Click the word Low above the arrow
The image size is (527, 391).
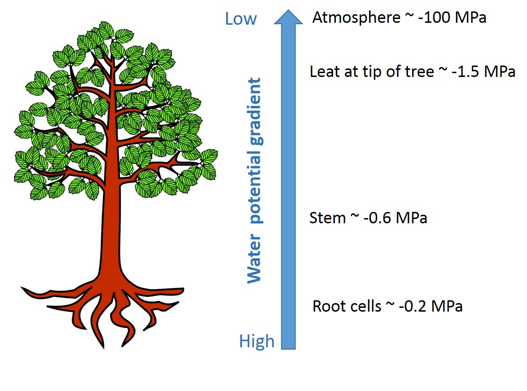click(x=240, y=19)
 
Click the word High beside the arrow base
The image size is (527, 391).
click(x=257, y=341)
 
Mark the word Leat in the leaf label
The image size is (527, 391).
click(x=324, y=72)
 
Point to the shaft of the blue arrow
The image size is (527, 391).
click(x=288, y=190)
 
